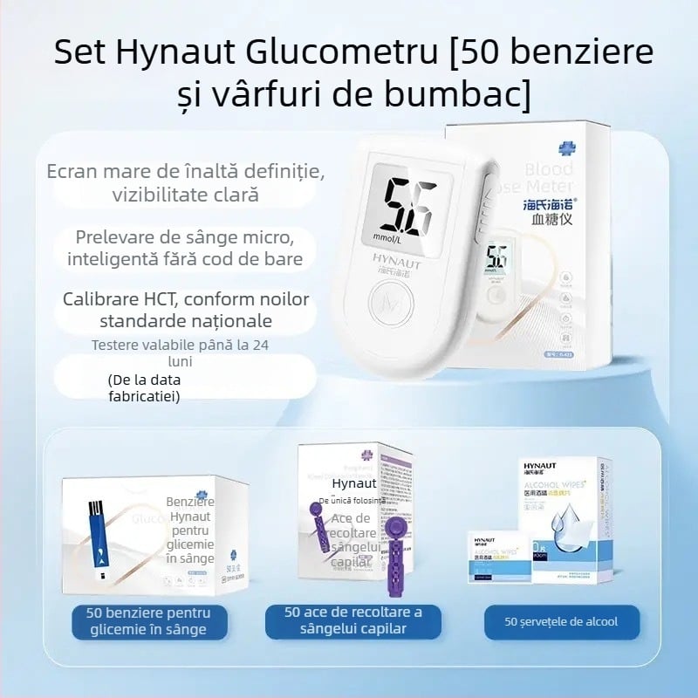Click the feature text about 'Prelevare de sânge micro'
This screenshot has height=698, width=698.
click(x=185, y=246)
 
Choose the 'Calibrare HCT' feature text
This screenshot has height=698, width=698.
click(x=185, y=310)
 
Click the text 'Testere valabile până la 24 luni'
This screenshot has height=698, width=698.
click(x=181, y=353)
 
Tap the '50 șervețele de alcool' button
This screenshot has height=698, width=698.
click(x=562, y=621)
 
